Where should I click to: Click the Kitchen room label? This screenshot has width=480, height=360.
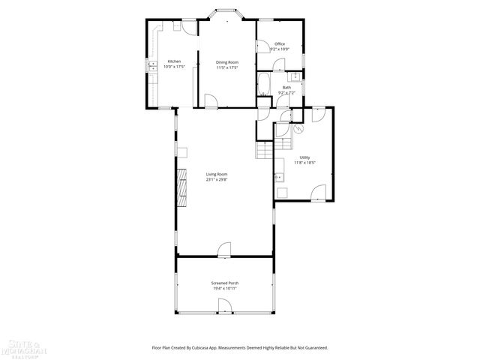click(174, 61)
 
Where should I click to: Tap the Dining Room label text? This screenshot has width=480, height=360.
click(226, 61)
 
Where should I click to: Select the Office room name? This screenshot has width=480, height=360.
click(279, 44)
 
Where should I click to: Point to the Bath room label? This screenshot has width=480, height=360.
click(286, 88)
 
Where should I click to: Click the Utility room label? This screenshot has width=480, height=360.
click(304, 157)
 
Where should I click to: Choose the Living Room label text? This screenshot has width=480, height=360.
click(217, 175)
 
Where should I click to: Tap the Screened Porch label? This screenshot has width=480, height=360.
click(224, 283)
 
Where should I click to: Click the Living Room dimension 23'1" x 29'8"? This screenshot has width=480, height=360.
click(217, 180)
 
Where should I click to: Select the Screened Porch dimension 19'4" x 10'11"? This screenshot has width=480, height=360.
click(224, 288)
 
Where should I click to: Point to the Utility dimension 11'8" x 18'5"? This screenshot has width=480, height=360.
click(304, 162)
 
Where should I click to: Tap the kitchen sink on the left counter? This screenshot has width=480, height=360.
click(152, 66)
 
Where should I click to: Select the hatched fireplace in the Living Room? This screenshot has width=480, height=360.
click(181, 187)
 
